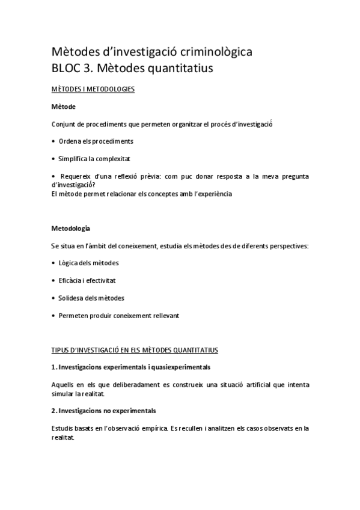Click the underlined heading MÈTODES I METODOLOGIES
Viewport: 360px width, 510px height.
[93, 90]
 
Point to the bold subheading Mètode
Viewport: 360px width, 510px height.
[63, 106]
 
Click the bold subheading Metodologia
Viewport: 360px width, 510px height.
[72, 229]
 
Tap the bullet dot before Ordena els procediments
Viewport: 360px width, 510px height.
[54, 141]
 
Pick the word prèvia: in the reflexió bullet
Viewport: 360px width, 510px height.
[165, 176]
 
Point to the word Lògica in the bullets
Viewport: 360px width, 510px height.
[69, 263]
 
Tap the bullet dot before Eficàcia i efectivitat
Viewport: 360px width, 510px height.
[54, 280]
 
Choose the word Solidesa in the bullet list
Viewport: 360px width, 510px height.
[73, 298]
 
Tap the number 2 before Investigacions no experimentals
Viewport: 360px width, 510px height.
[54, 411]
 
